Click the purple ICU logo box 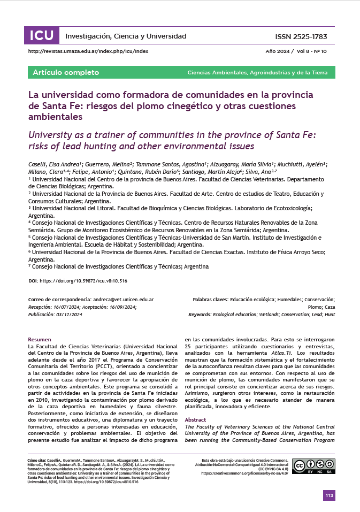click(41, 36)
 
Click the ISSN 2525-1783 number click(300, 36)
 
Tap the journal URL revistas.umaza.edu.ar click(88, 51)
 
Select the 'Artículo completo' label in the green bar click(66, 72)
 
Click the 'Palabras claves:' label click(210, 300)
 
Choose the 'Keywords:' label click(205, 315)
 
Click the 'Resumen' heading click(40, 340)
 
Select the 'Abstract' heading click(196, 405)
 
